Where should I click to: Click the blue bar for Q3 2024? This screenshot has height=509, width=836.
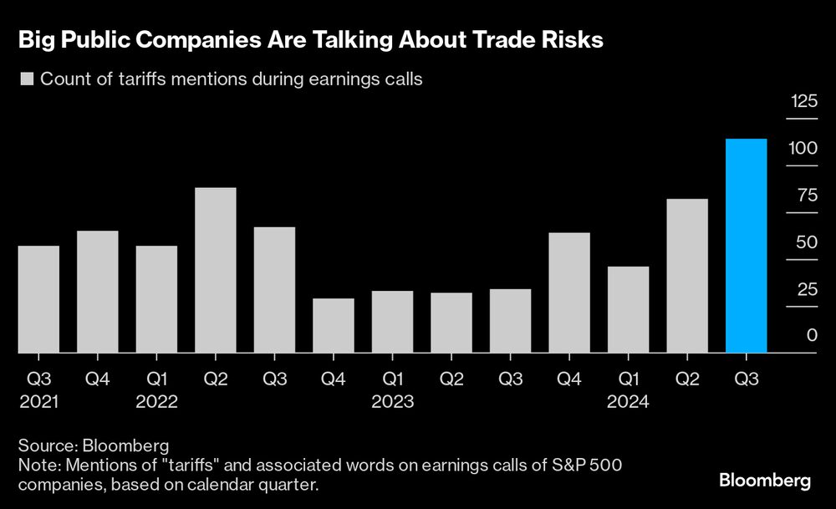pyautogui.click(x=747, y=246)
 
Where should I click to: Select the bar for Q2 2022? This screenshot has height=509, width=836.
pyautogui.click(x=216, y=270)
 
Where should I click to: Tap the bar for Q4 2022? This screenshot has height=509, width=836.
pyautogui.click(x=334, y=326)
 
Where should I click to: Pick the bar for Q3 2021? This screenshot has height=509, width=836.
pyautogui.click(x=38, y=299)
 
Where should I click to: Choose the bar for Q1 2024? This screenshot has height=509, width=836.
pyautogui.click(x=629, y=310)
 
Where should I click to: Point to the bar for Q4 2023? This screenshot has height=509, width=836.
pyautogui.click(x=569, y=293)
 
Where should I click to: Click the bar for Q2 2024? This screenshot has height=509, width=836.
pyautogui.click(x=687, y=276)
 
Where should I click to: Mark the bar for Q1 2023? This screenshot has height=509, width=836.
pyautogui.click(x=392, y=322)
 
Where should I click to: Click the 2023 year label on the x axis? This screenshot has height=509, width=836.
pyautogui.click(x=393, y=402)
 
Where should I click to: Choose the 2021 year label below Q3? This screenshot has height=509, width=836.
pyautogui.click(x=38, y=402)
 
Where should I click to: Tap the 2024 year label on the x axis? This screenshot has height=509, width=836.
pyautogui.click(x=629, y=402)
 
